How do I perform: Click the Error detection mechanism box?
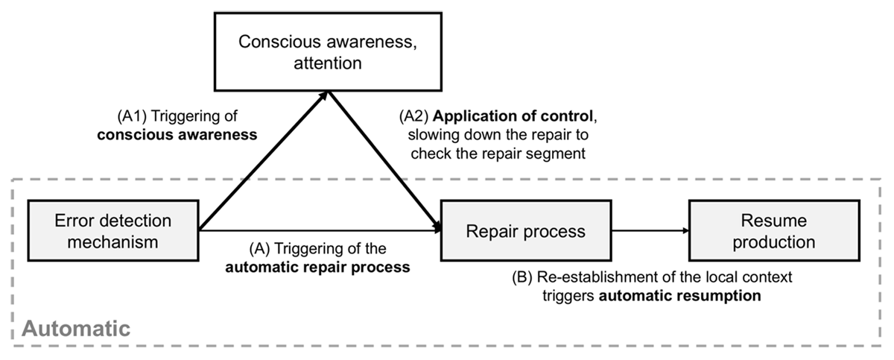(113, 231)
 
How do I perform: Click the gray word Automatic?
(75, 327)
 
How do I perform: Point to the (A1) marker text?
(132, 118)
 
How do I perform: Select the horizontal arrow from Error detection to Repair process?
(320, 231)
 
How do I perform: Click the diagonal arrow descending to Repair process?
(384, 160)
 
